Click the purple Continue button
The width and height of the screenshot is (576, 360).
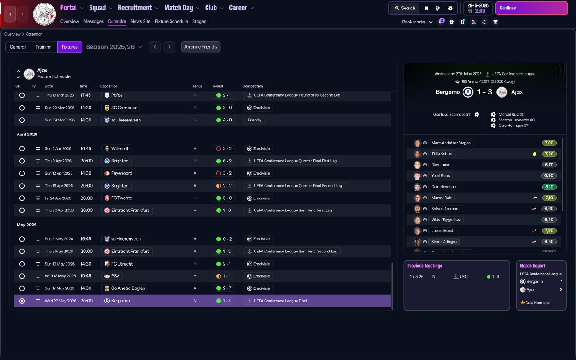coord(531,8)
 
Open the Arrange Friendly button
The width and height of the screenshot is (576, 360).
coord(201,47)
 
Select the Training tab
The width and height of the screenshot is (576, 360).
coord(44,47)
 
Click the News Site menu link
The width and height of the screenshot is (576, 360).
coord(140,21)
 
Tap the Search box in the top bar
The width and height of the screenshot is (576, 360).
coord(405,8)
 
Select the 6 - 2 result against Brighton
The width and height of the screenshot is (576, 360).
coord(224,161)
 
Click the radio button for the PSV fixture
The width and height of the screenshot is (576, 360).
coord(22,276)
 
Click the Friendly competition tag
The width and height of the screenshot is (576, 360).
coord(255,120)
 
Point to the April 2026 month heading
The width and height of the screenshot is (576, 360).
coord(27,134)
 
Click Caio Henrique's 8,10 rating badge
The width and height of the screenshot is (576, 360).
coord(549,187)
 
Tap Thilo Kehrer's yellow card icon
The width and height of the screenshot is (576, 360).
coord(535,154)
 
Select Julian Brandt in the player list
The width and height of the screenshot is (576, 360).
coord(443,231)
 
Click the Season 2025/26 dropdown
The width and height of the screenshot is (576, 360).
coord(114,47)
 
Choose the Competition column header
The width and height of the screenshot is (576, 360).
coord(253,86)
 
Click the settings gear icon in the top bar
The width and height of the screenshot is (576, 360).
coord(450,8)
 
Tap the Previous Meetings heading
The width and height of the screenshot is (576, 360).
coord(424,265)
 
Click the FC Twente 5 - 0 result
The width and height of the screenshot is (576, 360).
coord(224,198)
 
